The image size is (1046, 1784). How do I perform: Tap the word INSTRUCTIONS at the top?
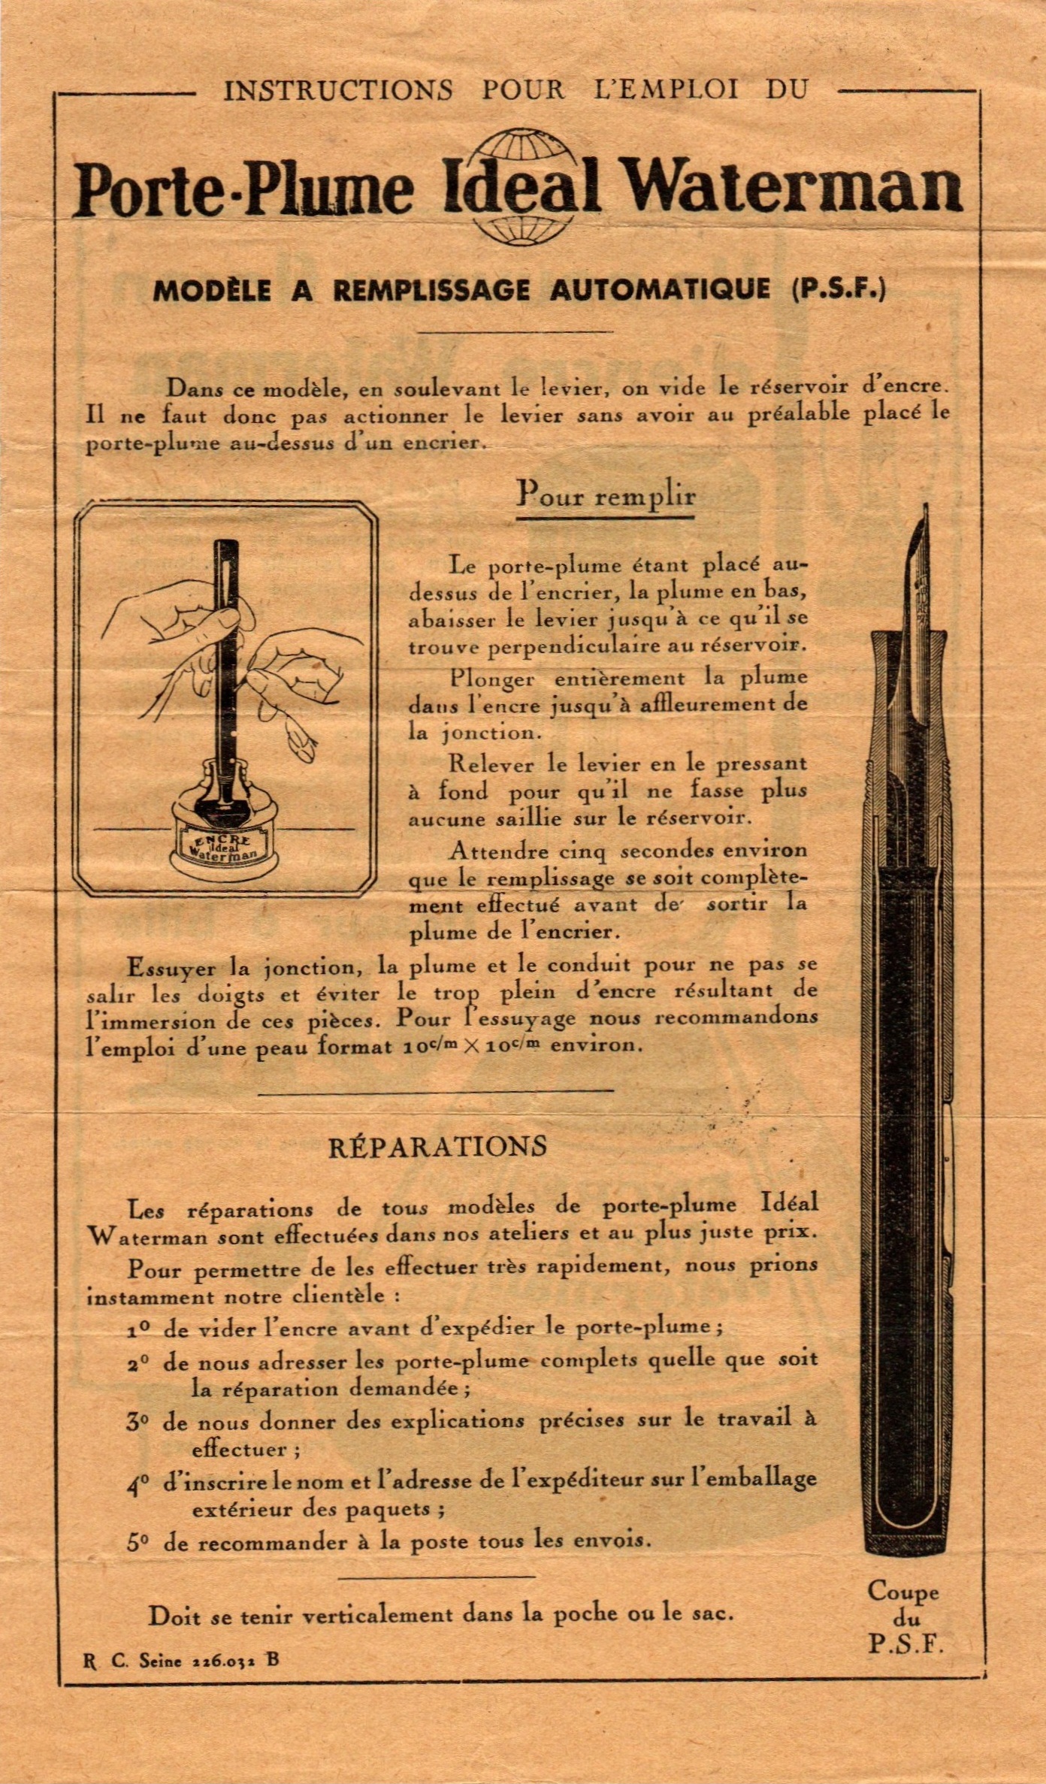(338, 91)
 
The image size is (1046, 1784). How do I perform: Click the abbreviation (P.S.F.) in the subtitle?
(839, 289)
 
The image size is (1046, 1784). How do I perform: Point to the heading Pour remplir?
(606, 496)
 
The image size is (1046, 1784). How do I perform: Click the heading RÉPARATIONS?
(437, 1147)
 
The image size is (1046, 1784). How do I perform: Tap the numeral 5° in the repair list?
(138, 1543)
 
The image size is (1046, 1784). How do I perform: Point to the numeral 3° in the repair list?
(138, 1421)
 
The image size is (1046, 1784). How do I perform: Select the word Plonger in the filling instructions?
(492, 679)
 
